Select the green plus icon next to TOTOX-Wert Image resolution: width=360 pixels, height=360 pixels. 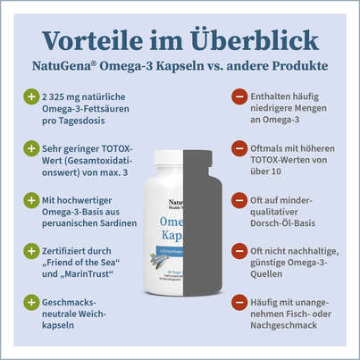pyautogui.click(x=31, y=147)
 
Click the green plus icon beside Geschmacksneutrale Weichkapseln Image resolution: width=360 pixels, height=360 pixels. pyautogui.click(x=31, y=303)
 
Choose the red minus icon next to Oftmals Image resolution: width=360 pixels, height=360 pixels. pyautogui.click(x=239, y=147)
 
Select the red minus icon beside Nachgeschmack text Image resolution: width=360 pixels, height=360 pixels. pyautogui.click(x=239, y=303)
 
